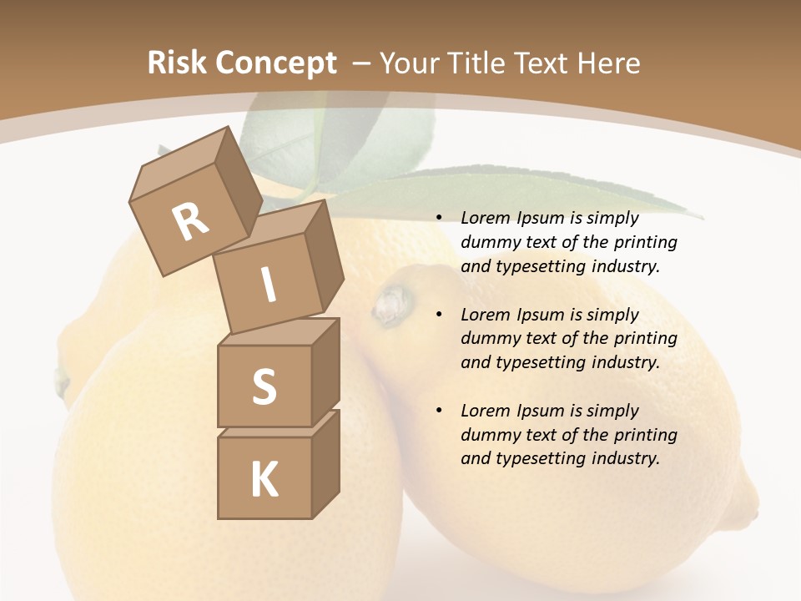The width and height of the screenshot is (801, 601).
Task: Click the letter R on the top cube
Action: coord(190,221)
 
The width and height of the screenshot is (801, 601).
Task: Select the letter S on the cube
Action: coord(264,386)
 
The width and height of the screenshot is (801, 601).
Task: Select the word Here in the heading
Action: coord(607,63)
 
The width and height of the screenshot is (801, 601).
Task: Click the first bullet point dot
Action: coord(439,218)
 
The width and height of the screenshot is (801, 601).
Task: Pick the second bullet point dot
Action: coord(439,315)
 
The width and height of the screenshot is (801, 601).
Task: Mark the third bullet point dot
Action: coord(439,411)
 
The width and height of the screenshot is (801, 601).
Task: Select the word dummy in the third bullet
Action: coord(489,435)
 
